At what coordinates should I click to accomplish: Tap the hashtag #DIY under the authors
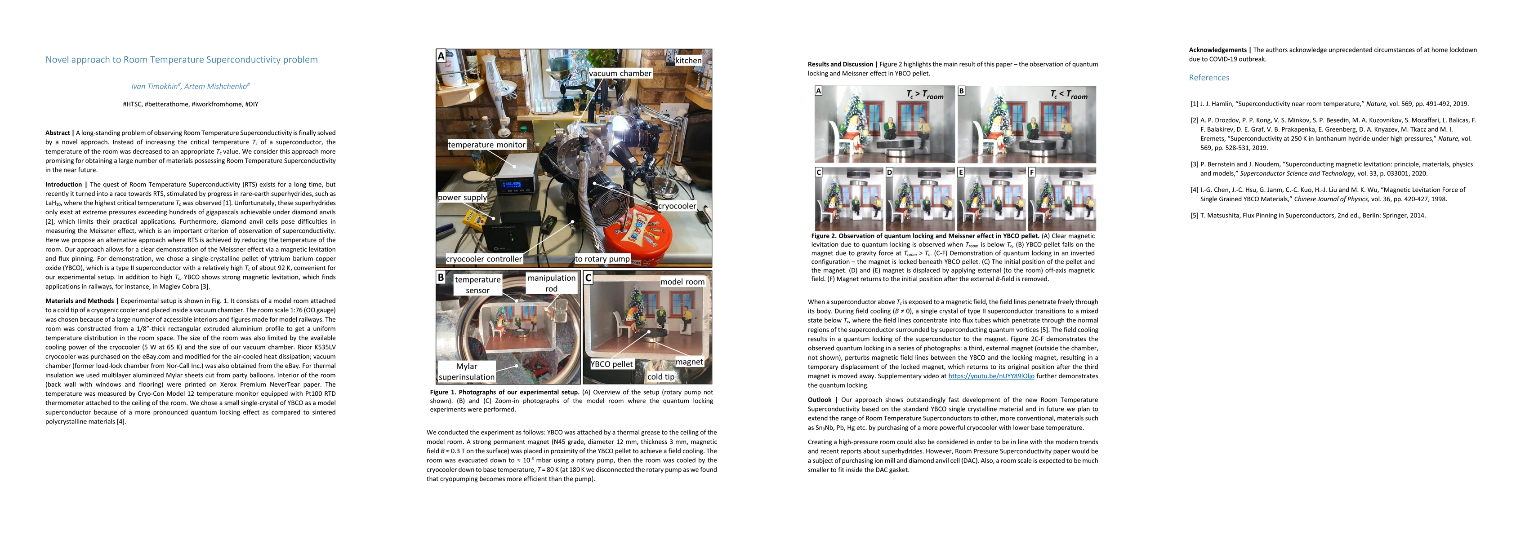[x=252, y=104]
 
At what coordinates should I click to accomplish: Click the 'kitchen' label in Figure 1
[x=688, y=60]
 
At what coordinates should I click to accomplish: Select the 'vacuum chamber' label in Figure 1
[x=620, y=73]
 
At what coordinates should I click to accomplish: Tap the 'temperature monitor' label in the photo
[x=486, y=144]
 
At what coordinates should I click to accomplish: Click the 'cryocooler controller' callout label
[x=484, y=259]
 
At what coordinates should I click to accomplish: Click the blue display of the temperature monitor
[x=512, y=184]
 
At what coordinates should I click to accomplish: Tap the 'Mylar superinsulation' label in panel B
[x=467, y=371]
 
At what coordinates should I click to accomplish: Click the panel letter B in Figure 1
[x=441, y=277]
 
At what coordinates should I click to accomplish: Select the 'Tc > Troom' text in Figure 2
[x=925, y=95]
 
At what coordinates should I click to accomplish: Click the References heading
[x=1209, y=78]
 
